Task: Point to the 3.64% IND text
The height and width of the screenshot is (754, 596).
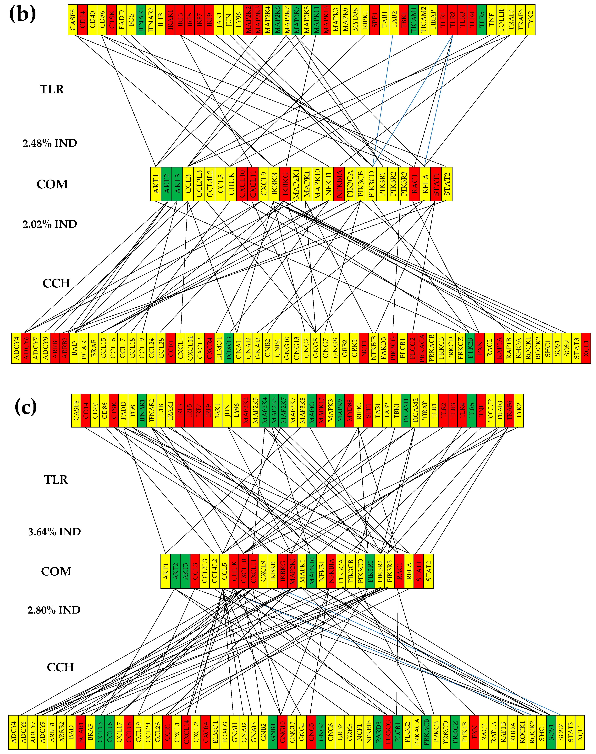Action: pyautogui.click(x=54, y=532)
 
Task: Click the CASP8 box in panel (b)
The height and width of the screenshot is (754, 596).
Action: pyautogui.click(x=73, y=20)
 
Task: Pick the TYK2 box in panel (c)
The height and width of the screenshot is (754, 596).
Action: pyautogui.click(x=519, y=410)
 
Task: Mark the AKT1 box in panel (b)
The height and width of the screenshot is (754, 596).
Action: pyautogui.click(x=156, y=184)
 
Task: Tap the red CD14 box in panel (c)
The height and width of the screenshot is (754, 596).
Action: pyautogui.click(x=85, y=410)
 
